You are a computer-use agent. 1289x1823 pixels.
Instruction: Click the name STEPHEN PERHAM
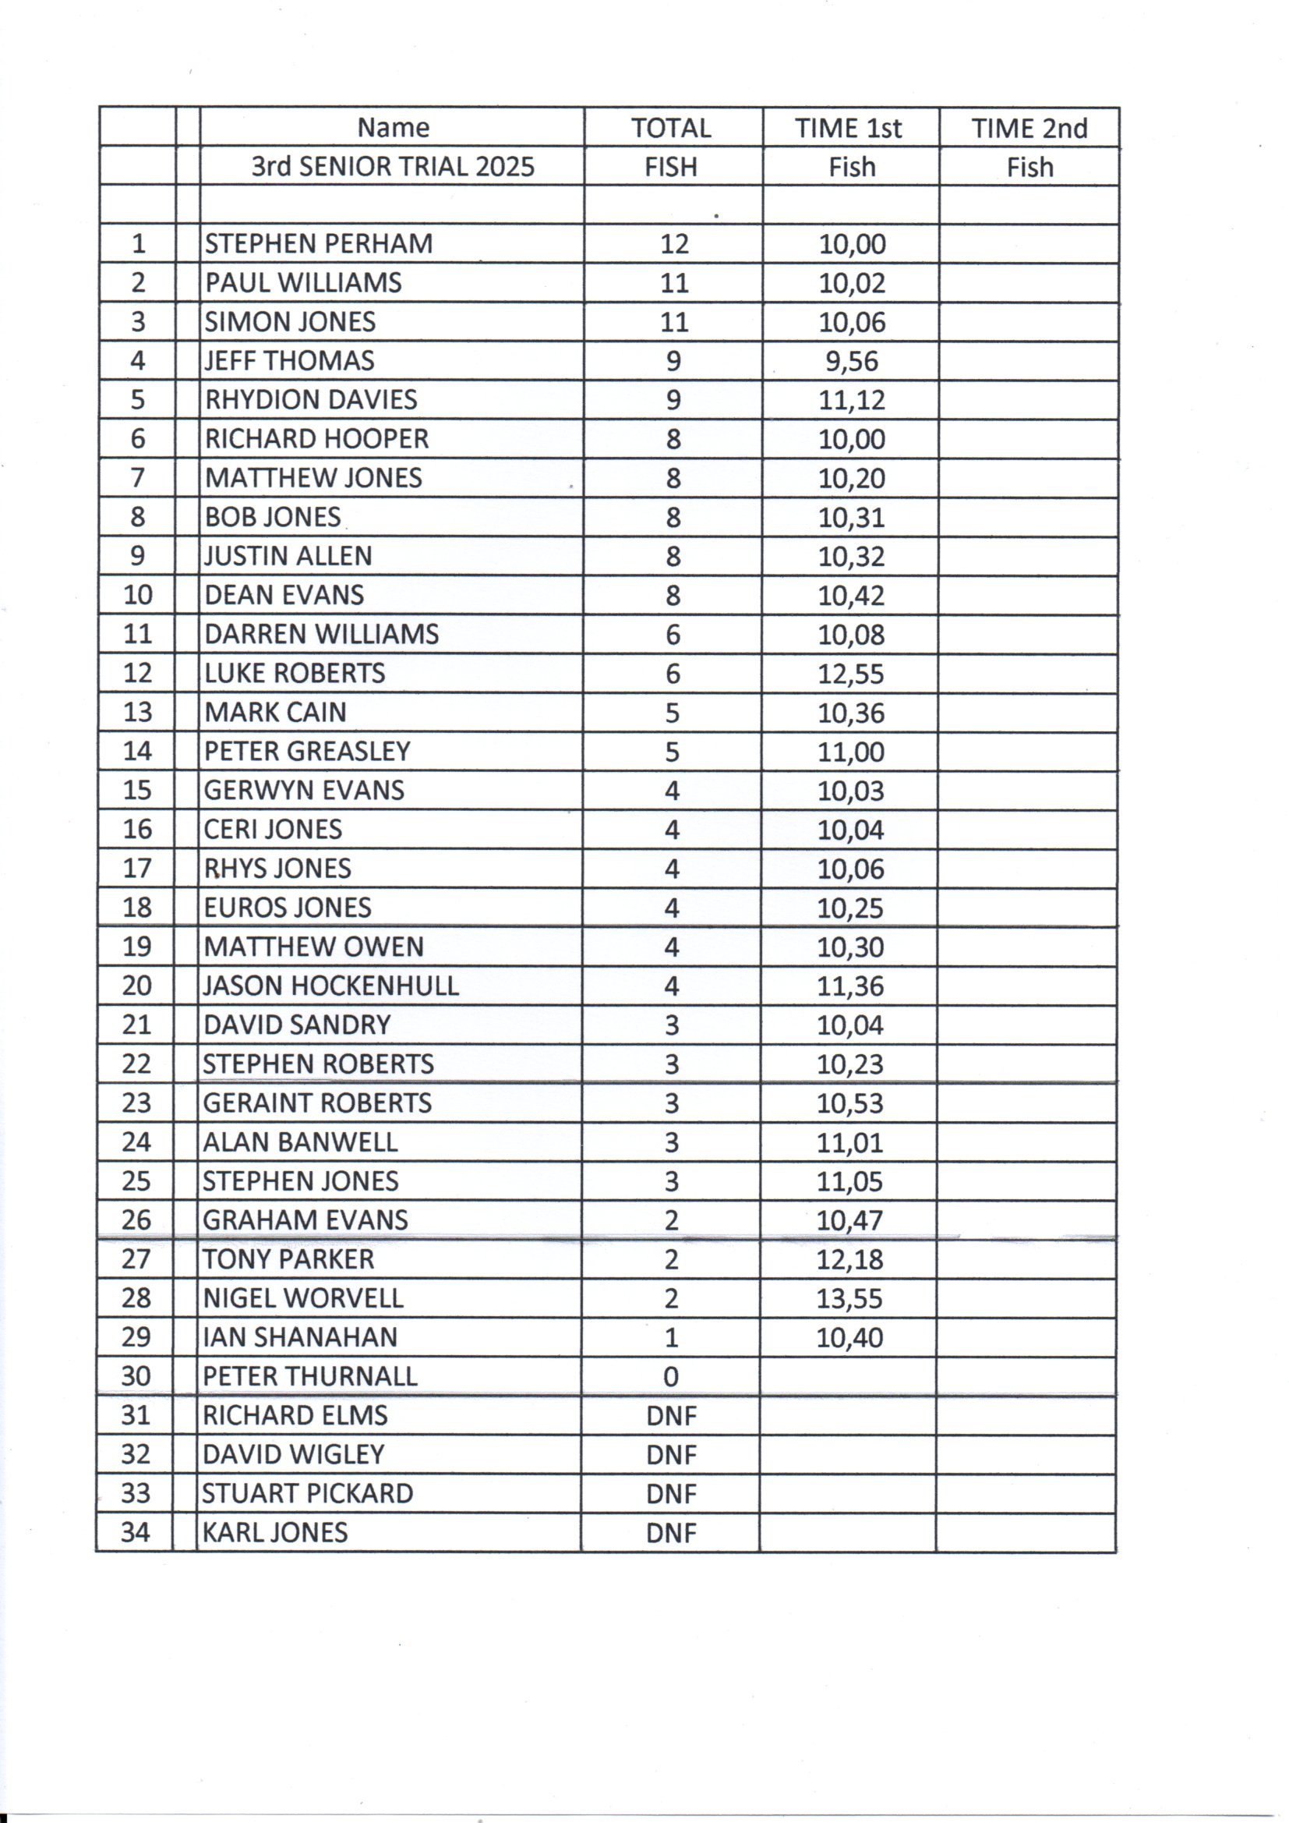(x=318, y=243)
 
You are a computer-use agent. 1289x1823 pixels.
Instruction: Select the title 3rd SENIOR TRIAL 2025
(x=393, y=167)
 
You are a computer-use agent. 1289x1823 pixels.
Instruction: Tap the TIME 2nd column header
(x=1029, y=129)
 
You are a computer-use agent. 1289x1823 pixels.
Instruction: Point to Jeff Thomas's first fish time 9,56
(x=852, y=361)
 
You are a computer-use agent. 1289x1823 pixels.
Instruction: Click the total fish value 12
(x=674, y=244)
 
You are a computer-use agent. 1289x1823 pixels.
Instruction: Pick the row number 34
(x=136, y=1532)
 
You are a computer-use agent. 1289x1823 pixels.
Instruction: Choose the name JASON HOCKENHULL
(x=330, y=986)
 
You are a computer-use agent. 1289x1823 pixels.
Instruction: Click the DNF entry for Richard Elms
(x=672, y=1416)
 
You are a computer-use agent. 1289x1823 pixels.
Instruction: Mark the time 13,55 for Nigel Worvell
(x=850, y=1299)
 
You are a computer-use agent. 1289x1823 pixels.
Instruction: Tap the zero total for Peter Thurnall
(x=672, y=1377)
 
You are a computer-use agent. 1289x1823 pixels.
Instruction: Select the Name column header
(x=393, y=128)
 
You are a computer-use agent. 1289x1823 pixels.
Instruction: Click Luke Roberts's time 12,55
(x=851, y=674)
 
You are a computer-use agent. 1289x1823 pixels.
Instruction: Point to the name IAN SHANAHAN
(x=300, y=1338)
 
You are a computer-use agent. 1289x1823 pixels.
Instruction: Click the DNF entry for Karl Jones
(x=672, y=1533)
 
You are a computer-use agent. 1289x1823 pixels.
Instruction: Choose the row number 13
(x=137, y=712)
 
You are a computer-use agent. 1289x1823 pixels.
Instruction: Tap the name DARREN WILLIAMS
(x=321, y=635)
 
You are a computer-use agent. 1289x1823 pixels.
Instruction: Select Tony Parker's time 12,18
(x=850, y=1260)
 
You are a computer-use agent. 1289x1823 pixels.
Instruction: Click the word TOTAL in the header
(x=671, y=129)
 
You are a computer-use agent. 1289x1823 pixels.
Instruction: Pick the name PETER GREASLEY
(x=307, y=751)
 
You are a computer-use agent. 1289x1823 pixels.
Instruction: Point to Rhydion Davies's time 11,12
(x=852, y=400)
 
